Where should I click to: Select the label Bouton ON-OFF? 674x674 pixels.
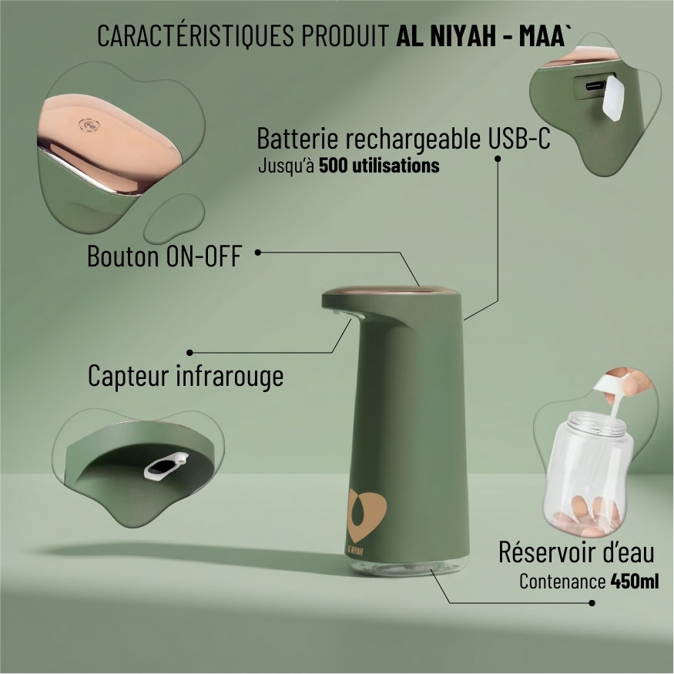164,257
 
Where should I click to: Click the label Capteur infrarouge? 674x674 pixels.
185,377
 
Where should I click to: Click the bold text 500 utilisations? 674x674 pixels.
379,165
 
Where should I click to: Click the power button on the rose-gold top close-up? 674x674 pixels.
90,125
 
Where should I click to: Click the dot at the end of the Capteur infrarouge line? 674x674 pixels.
189,352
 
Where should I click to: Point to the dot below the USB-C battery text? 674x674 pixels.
498,159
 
